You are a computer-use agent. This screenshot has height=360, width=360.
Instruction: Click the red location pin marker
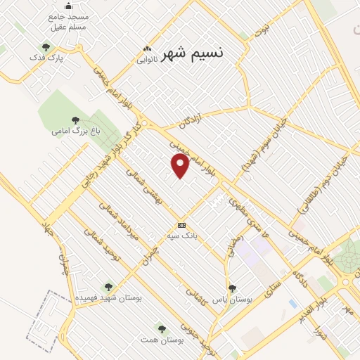click(x=181, y=165)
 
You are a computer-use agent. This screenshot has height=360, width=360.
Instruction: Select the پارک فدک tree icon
click(x=46, y=47)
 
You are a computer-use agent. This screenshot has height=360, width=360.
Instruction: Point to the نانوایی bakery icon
click(x=147, y=49)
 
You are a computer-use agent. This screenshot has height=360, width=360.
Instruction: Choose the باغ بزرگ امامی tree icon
click(x=75, y=120)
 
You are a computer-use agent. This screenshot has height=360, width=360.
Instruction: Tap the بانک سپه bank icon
click(x=182, y=225)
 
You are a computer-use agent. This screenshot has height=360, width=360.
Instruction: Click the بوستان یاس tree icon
click(x=232, y=288)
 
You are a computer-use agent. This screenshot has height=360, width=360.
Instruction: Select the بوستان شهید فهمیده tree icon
click(x=108, y=286)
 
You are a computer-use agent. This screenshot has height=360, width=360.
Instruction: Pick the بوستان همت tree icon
click(x=162, y=328)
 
